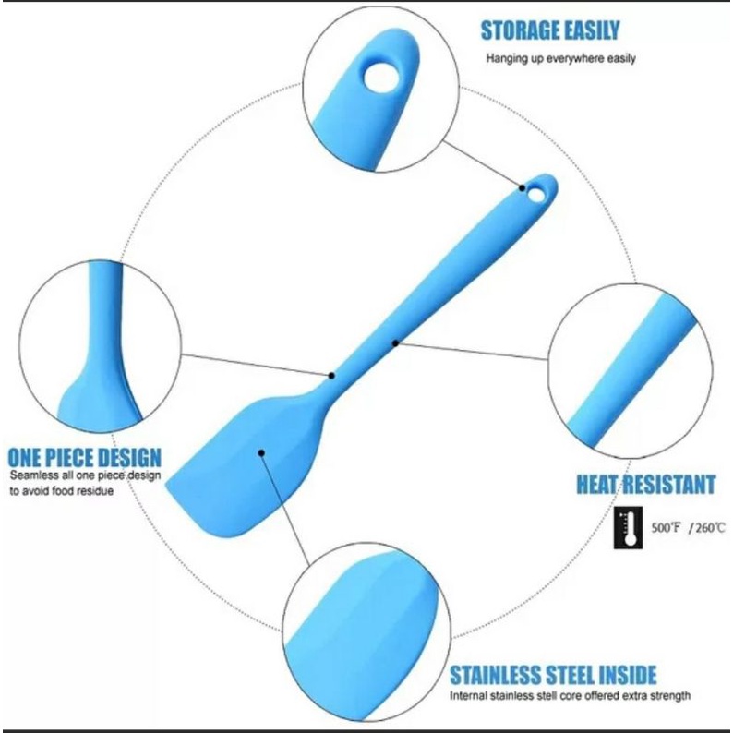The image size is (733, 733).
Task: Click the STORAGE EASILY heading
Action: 549,30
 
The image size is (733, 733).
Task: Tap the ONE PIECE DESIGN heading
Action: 85,457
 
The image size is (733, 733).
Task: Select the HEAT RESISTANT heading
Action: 645,485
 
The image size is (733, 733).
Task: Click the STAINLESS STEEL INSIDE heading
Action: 553,674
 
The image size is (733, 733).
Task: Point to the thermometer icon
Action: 631,529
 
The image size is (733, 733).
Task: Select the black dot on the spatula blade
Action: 261,452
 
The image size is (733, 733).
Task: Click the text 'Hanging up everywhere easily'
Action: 561,59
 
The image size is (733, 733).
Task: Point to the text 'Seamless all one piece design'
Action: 85,475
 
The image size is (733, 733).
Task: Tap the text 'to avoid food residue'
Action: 62,491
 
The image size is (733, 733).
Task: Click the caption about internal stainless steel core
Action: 557,696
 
